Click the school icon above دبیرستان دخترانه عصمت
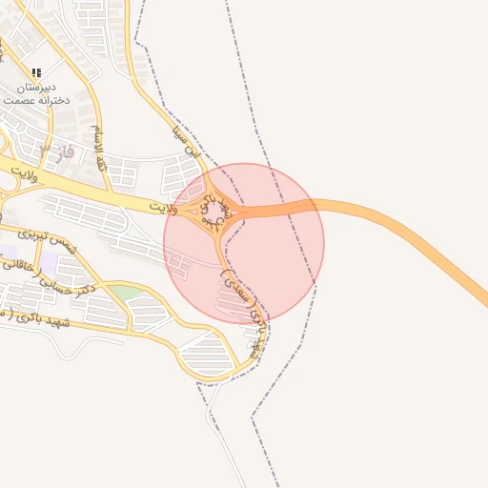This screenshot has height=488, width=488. (36, 72)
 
